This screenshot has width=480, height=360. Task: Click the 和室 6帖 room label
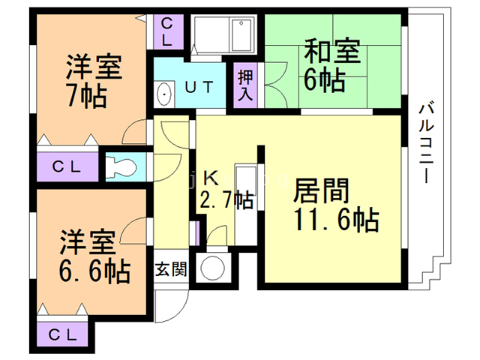[331, 65]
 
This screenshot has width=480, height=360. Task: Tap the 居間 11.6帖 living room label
[336, 205]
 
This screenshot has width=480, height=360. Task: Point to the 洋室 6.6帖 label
[95, 256]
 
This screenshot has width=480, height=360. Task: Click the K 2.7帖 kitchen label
[226, 190]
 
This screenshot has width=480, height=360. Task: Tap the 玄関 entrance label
[171, 269]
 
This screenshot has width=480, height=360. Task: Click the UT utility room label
[199, 87]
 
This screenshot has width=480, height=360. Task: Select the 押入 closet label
[245, 85]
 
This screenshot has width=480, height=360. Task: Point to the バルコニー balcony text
[426, 143]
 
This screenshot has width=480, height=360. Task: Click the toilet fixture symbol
[121, 167]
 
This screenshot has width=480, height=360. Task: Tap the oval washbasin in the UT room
[163, 94]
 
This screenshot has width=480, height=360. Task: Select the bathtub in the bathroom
[242, 34]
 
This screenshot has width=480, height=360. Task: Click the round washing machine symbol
[212, 268]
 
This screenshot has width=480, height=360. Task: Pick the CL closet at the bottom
[62, 334]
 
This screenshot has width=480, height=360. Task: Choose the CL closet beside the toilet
[67, 166]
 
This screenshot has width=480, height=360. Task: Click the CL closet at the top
[166, 31]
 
